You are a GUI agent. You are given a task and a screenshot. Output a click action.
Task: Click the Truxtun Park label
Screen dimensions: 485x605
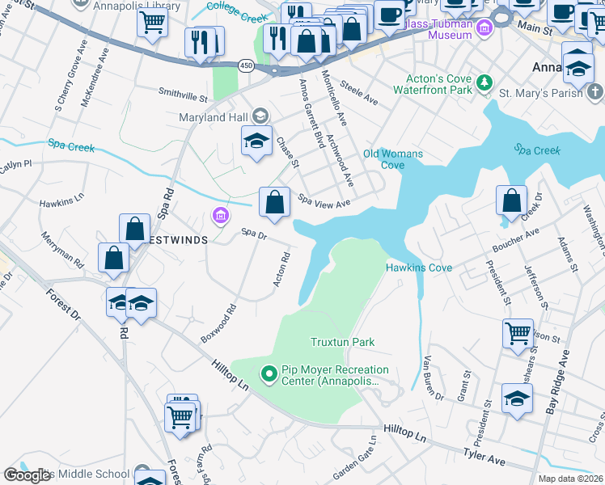point(342,342)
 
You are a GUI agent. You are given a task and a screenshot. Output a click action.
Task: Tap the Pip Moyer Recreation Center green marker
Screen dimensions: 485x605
point(268,373)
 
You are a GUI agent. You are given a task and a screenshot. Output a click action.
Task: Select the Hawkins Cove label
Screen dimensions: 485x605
point(418,268)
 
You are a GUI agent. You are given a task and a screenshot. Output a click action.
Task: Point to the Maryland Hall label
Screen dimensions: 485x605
point(214,117)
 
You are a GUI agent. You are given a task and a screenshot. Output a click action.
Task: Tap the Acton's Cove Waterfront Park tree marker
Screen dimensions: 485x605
point(484,82)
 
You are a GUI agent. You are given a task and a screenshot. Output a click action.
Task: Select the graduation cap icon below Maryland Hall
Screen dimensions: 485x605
point(256,141)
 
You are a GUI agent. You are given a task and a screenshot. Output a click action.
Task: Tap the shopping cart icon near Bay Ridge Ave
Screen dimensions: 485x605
point(518,333)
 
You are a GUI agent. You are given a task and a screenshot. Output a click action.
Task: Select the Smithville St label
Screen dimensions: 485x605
point(183,95)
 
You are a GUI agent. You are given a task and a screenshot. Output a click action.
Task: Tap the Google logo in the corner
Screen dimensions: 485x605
point(27,475)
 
